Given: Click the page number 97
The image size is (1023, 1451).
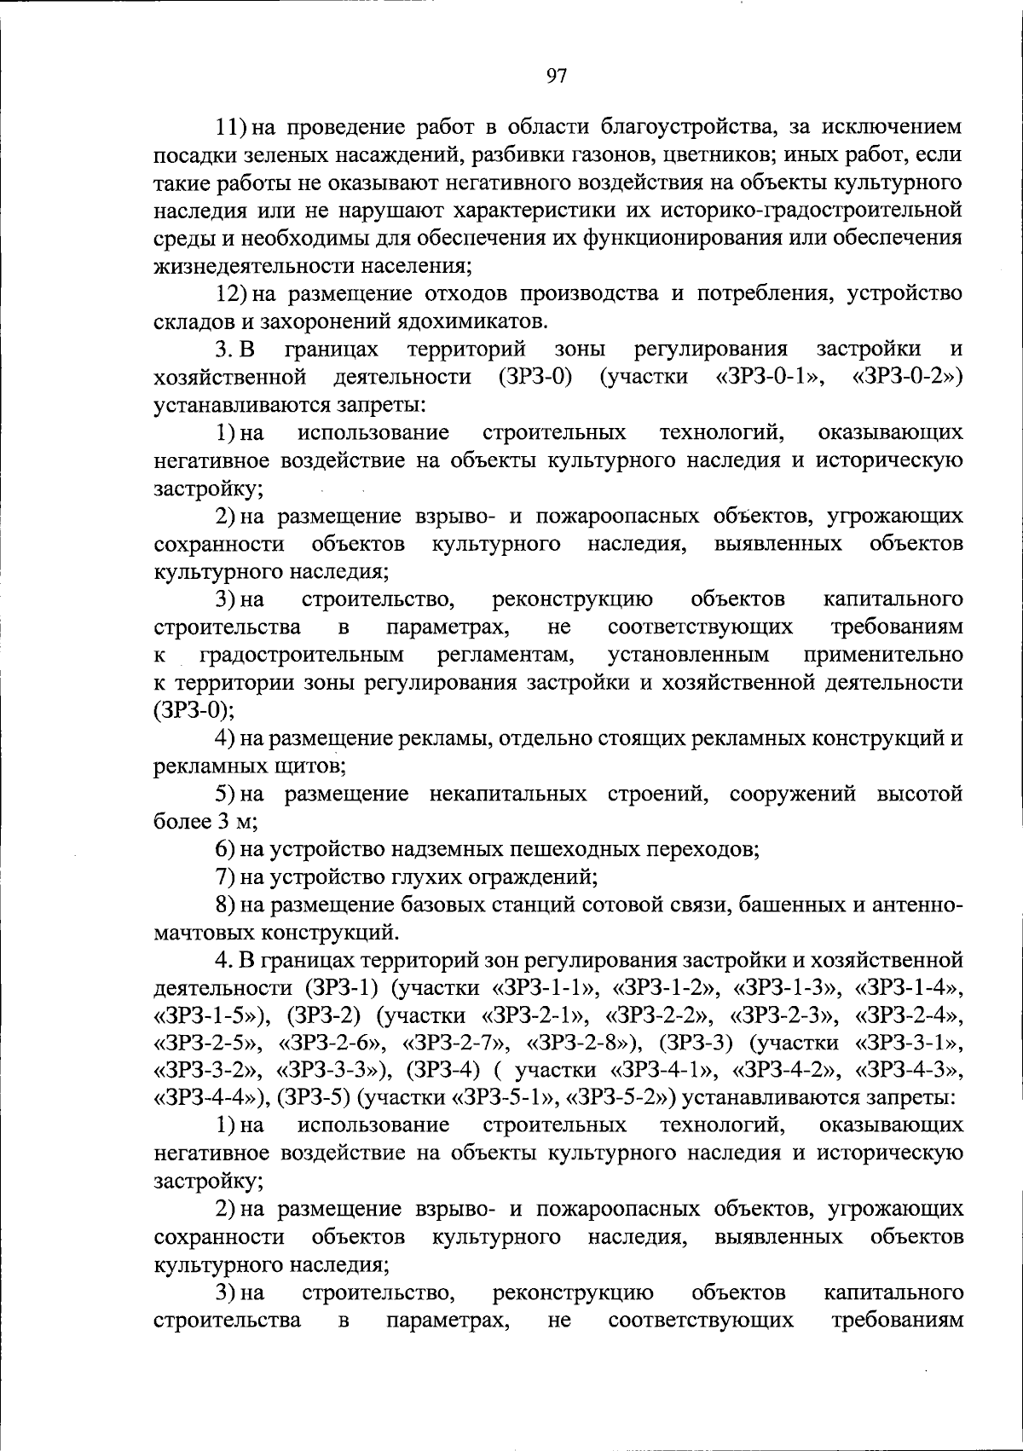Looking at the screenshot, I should [x=556, y=76].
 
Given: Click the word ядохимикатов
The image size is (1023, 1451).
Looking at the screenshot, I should [x=471, y=322].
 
